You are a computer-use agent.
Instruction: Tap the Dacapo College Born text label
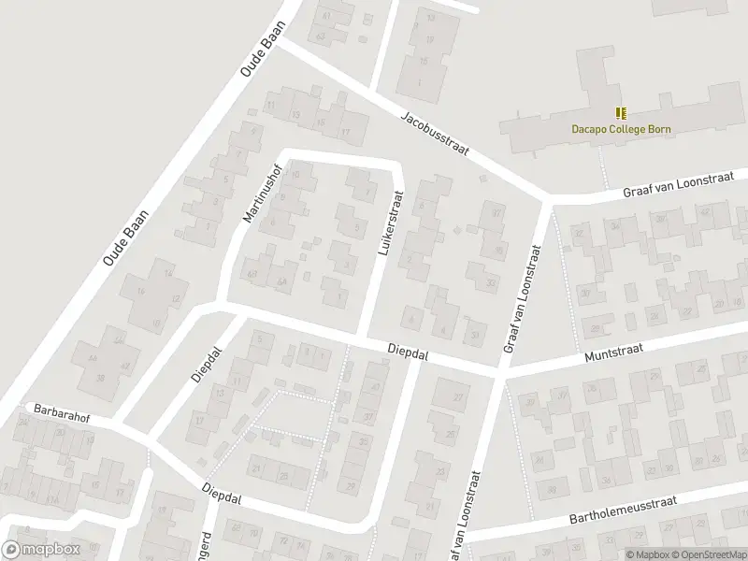coord(622,130)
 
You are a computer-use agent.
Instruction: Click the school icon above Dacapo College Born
coord(622,113)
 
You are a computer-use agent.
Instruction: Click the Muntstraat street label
coord(611,353)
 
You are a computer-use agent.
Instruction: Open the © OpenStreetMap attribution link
coord(707,554)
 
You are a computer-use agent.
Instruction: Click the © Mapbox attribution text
coord(645,554)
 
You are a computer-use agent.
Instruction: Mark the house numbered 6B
coord(251,273)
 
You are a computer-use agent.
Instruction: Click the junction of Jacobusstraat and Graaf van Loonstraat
coord(548,199)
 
